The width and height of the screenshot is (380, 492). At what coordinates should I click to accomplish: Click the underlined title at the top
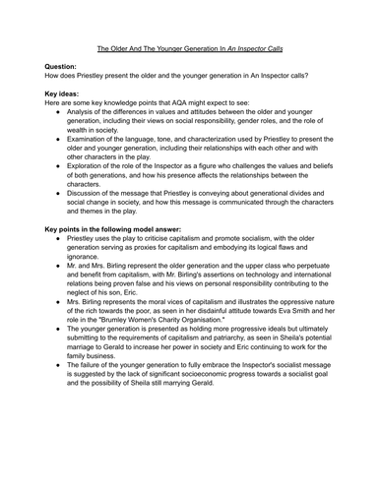click(x=190, y=47)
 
